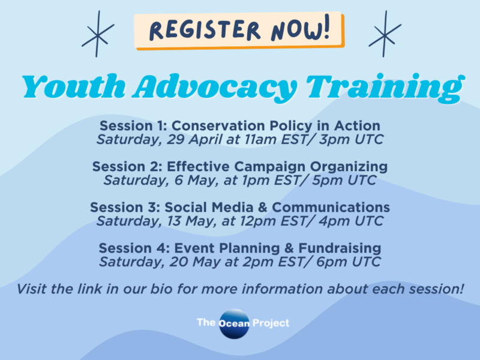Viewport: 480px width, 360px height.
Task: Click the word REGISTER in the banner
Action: pyautogui.click(x=205, y=30)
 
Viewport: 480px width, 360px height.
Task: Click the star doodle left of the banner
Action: pyautogui.click(x=98, y=34)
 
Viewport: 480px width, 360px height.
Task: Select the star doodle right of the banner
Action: pyautogui.click(x=385, y=34)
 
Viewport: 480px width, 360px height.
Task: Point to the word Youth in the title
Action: pyautogui.click(x=74, y=86)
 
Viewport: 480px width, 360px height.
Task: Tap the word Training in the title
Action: pyautogui.click(x=386, y=88)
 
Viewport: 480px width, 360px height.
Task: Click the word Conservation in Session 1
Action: pyautogui.click(x=218, y=126)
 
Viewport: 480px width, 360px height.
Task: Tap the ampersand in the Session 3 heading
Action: pyautogui.click(x=263, y=208)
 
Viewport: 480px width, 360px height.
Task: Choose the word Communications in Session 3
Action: pyautogui.click(x=331, y=208)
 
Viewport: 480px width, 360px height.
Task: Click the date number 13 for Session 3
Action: pyautogui.click(x=174, y=221)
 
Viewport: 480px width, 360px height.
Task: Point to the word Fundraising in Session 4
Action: pyautogui.click(x=340, y=248)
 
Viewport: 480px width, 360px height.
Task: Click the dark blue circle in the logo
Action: pyautogui.click(x=234, y=324)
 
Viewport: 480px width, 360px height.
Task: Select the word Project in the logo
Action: pyautogui.click(x=271, y=323)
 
